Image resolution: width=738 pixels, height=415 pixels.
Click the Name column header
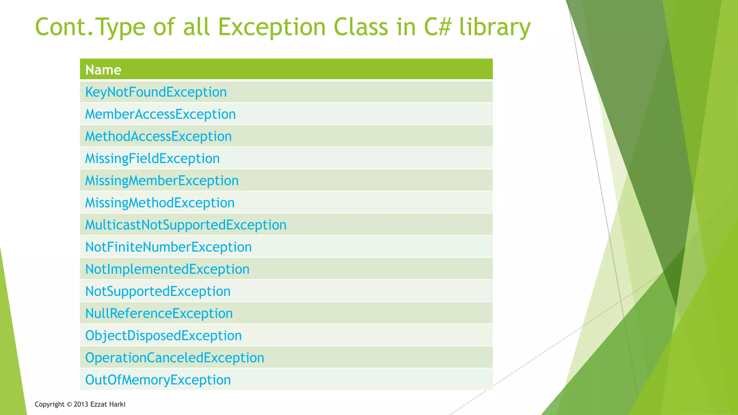103,70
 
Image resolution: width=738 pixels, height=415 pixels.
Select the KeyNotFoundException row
156,92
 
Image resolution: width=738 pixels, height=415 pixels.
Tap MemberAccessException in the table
160,114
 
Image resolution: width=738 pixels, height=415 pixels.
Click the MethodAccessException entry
158,136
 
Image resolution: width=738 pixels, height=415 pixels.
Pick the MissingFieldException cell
152,159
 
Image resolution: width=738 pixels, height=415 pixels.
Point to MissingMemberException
162,180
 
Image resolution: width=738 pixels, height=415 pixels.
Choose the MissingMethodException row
160,203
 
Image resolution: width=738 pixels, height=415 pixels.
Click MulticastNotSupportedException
186,225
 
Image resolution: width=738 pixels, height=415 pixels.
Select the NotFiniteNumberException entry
168,247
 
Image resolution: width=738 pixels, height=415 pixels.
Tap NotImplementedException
167,269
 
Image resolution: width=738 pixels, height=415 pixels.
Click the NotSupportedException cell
158,291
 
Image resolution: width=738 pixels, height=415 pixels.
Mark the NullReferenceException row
159,313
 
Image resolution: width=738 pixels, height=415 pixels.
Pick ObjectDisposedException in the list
163,336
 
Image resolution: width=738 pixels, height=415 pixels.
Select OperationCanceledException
174,358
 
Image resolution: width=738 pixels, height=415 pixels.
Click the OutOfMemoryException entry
158,380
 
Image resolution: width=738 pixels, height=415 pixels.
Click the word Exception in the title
272,27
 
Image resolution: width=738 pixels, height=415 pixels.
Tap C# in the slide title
437,27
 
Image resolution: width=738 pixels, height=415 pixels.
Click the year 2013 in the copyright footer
81,404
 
